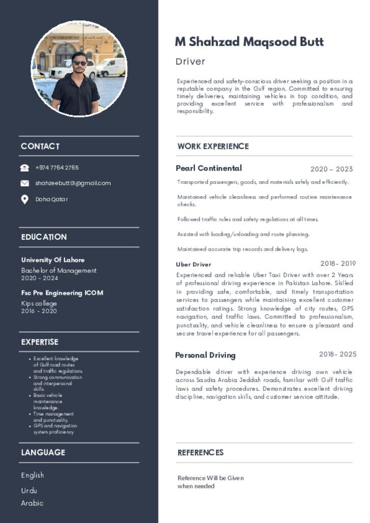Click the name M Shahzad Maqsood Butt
[249, 42]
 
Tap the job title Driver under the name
[190, 62]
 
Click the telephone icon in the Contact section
[24, 168]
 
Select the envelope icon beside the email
[24, 183]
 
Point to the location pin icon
[24, 200]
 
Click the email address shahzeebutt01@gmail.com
[73, 183]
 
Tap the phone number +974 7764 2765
[57, 168]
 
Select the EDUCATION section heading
[44, 237]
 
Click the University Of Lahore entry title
[53, 260]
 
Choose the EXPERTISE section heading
[40, 342]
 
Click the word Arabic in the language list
[32, 503]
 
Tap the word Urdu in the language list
[29, 490]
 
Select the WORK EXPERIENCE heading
[213, 147]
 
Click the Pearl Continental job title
[209, 168]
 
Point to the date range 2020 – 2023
[331, 169]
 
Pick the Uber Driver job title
[193, 265]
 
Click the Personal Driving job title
[205, 355]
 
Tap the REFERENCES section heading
[201, 453]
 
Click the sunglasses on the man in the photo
[80, 63]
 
